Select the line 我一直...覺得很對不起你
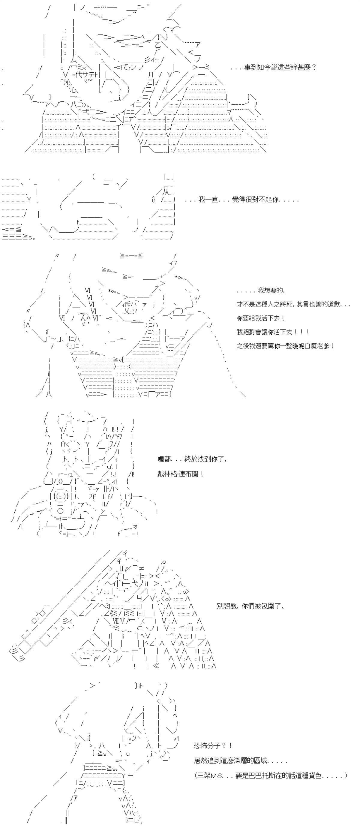click(x=242, y=200)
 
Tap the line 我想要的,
click(x=261, y=291)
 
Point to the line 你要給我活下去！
click(x=261, y=318)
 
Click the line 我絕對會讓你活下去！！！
click(x=273, y=332)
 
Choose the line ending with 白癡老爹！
click(x=285, y=345)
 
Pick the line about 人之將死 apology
click(x=293, y=304)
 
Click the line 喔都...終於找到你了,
click(x=192, y=459)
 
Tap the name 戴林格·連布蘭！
click(x=180, y=474)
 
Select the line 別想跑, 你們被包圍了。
click(x=250, y=606)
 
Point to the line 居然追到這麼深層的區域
click(x=240, y=761)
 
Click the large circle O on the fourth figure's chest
click(x=60, y=511)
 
